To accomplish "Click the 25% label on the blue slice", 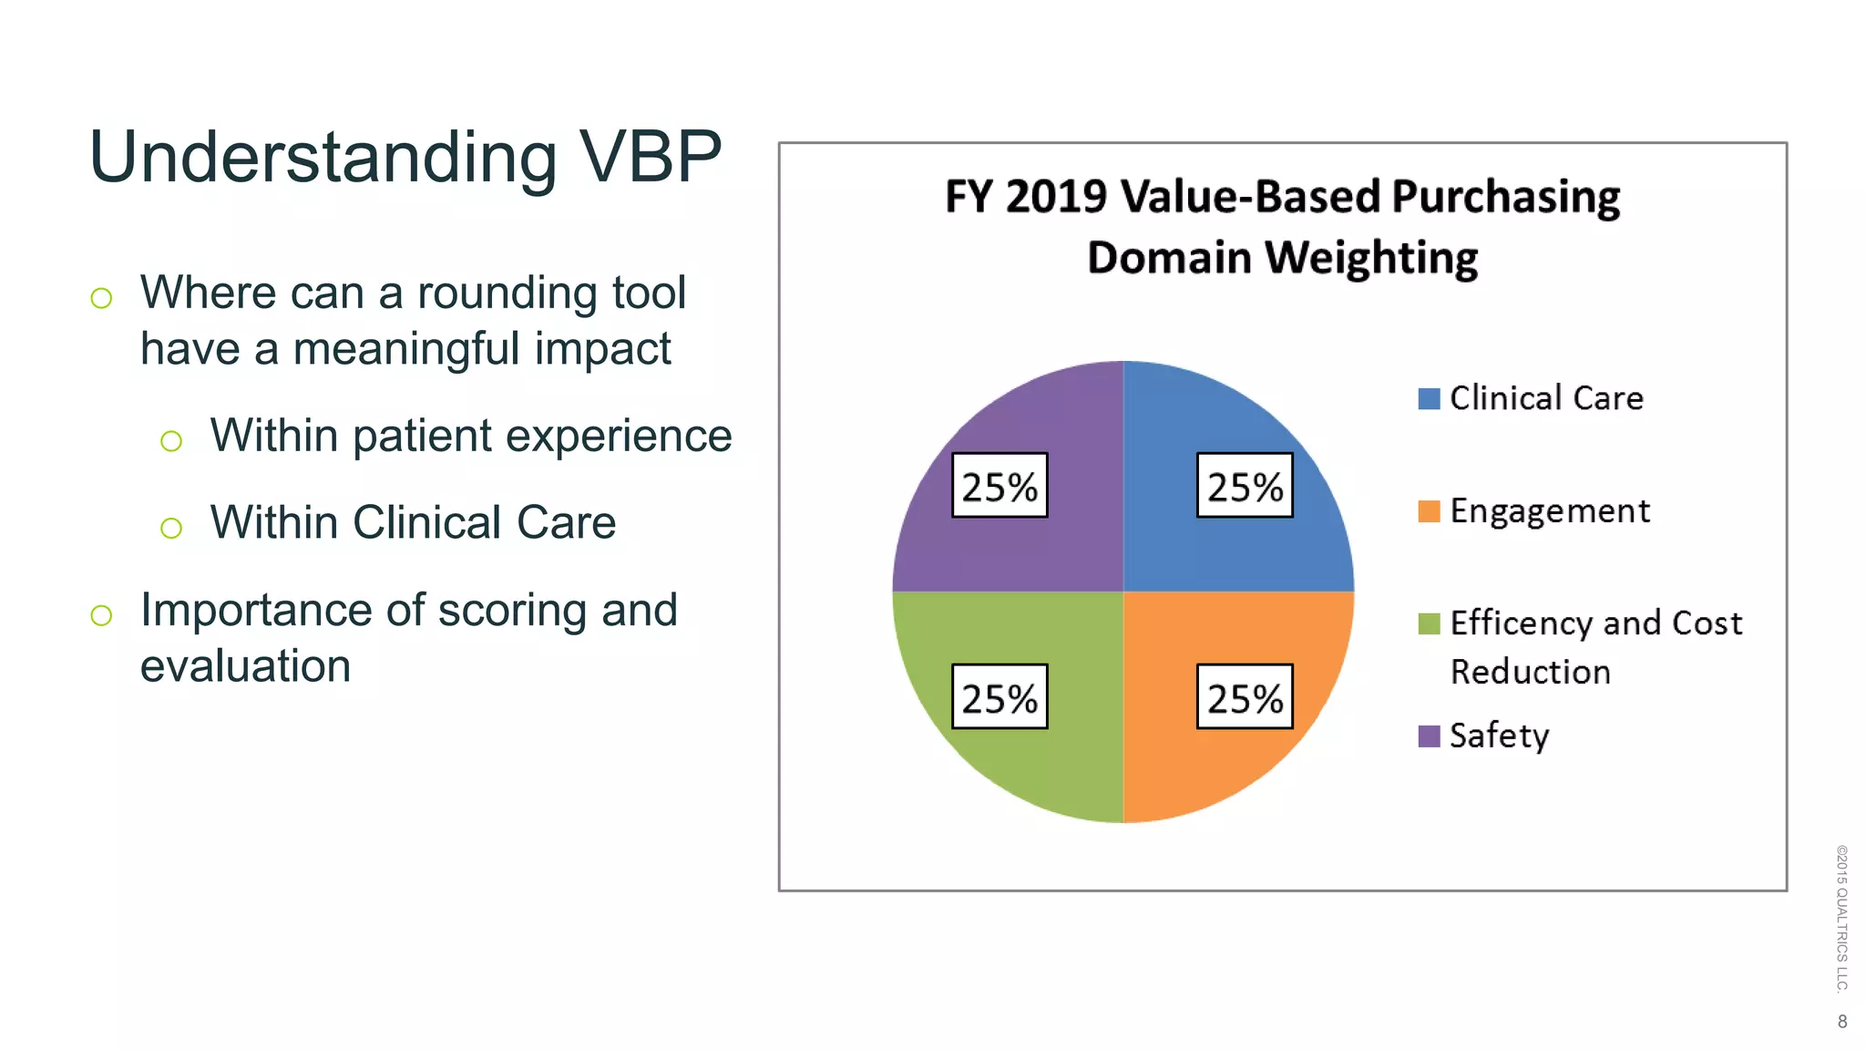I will click(1245, 486).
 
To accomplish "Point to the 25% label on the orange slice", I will click(1245, 697).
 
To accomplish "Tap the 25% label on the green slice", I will click(1000, 697).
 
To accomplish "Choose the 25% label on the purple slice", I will click(1000, 486).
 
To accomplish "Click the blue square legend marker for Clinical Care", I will click(1429, 399).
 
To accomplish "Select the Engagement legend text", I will click(1549, 511).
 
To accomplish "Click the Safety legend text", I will click(1499, 736).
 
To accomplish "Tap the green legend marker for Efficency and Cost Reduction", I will click(1429, 623).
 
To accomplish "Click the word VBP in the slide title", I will click(650, 157).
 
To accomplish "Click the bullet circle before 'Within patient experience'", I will click(171, 441).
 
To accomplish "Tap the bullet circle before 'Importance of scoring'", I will click(101, 615).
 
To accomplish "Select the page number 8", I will click(1842, 1022).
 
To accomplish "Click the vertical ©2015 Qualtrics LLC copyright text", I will click(1841, 918).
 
